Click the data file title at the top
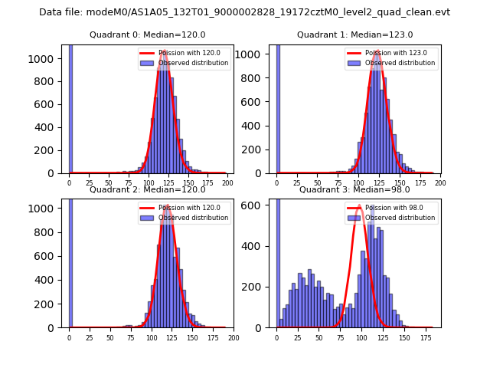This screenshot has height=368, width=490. (244, 12)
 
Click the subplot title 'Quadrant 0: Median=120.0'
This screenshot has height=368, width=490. (147, 34)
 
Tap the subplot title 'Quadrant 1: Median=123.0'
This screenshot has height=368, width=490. (354, 34)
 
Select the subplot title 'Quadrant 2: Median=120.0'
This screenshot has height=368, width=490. (147, 189)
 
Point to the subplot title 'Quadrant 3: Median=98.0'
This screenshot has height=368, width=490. (354, 189)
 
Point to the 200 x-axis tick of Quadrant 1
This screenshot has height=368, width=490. (440, 183)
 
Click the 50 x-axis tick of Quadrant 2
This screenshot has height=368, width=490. (110, 337)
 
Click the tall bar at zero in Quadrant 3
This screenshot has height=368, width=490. (278, 261)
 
